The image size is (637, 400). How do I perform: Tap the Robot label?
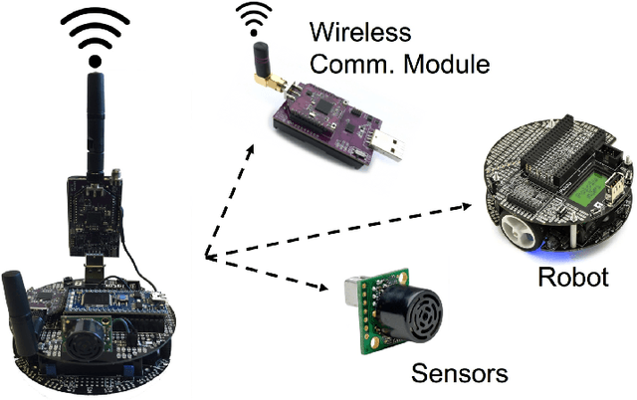tap(572, 277)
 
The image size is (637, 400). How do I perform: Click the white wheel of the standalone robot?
tap(520, 232)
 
